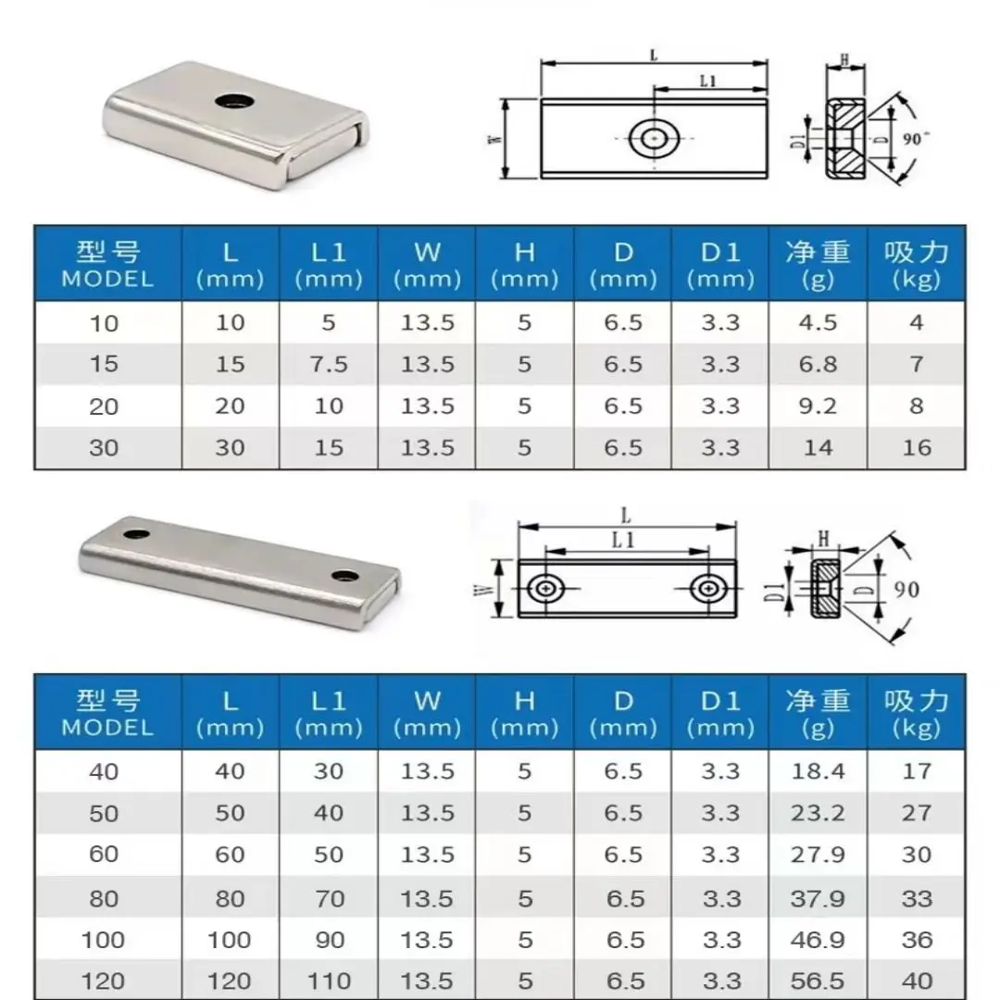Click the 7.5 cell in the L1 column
click(x=329, y=364)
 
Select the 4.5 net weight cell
click(x=818, y=322)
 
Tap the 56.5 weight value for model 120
click(x=818, y=981)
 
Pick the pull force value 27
click(x=916, y=813)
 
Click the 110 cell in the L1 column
click(x=329, y=981)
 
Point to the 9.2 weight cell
click(x=818, y=406)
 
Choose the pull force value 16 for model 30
click(x=916, y=448)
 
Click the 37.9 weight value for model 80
click(x=818, y=898)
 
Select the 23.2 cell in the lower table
click(x=818, y=813)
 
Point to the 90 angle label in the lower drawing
click(x=906, y=588)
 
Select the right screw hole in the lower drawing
click(x=707, y=589)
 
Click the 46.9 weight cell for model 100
click(x=818, y=940)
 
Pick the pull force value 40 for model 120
click(x=916, y=981)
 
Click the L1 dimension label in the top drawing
click(x=708, y=81)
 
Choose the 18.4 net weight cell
click(x=818, y=770)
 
